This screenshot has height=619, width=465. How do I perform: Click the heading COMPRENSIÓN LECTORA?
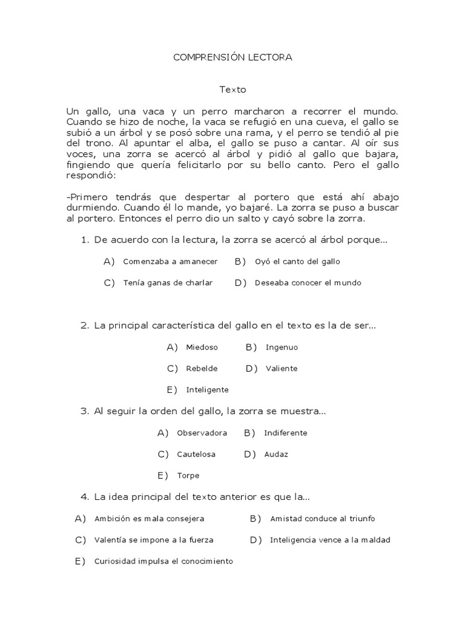coord(232,57)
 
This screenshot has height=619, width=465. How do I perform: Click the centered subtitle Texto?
coord(232,89)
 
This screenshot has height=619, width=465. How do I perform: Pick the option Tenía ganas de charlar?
coord(168,283)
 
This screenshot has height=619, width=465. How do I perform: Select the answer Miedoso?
coord(202,348)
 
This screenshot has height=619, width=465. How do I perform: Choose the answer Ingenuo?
coord(282,348)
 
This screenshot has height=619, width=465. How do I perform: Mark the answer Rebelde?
coord(202,369)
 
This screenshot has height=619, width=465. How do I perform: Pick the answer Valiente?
coord(281,369)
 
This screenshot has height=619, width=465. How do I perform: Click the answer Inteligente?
coord(207,390)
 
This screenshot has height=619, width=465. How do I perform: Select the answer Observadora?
coord(202,433)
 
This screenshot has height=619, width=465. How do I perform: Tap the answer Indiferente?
coord(285,433)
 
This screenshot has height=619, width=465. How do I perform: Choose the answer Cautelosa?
coord(196,454)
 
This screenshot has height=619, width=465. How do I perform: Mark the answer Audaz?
coord(276,454)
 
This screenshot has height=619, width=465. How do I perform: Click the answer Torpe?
coord(188,476)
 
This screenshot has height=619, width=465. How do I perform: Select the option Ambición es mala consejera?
coord(149,519)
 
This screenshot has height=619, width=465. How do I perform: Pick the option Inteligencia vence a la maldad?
coord(330,540)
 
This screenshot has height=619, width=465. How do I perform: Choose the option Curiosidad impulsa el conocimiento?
coord(163,562)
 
